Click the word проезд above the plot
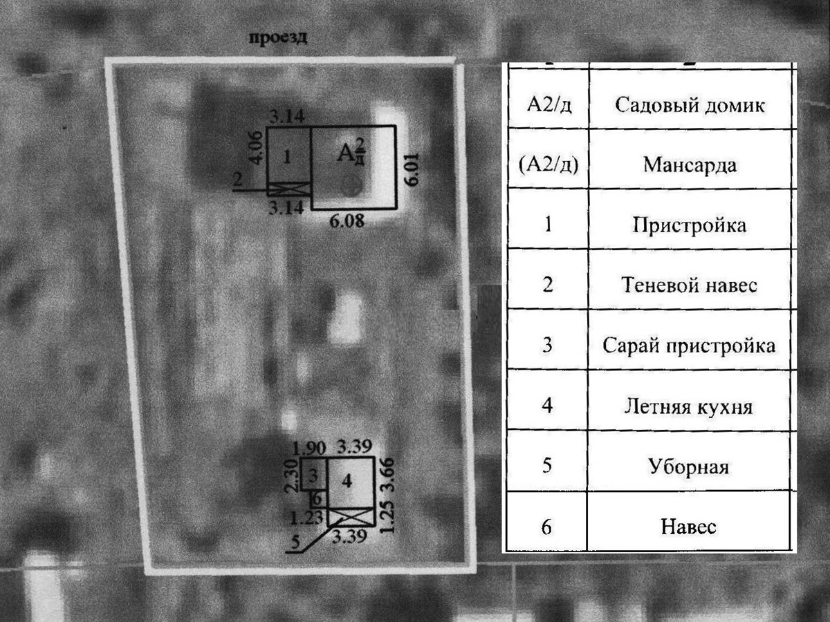point(278,38)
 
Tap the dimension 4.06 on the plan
point(257,147)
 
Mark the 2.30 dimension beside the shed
point(292,475)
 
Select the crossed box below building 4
point(350,516)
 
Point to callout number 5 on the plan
point(295,543)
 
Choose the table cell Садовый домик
point(688,106)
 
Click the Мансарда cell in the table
point(688,166)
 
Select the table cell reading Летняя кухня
point(688,406)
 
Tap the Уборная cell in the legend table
point(688,466)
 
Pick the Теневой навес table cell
point(688,285)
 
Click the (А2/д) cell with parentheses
point(547,166)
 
